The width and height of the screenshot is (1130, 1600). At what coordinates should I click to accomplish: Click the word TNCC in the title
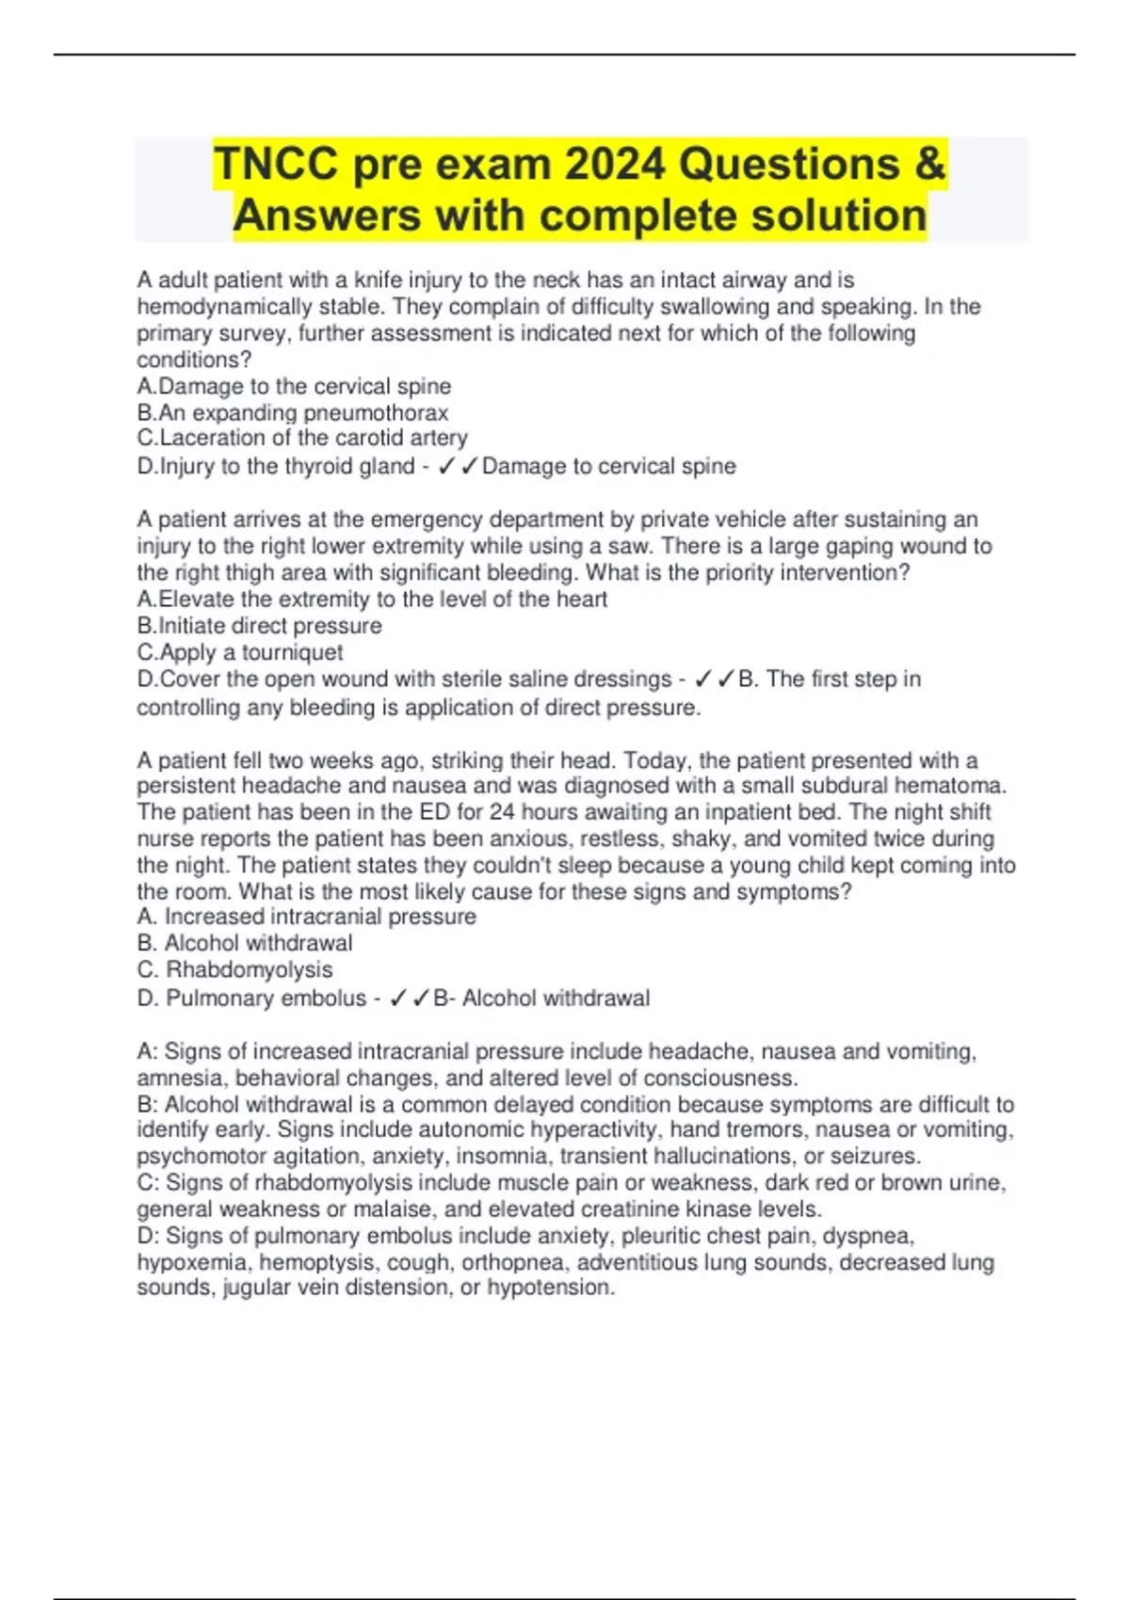point(276,165)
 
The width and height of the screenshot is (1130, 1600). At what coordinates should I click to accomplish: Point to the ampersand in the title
point(928,165)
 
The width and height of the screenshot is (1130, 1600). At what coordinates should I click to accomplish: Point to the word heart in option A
point(581,600)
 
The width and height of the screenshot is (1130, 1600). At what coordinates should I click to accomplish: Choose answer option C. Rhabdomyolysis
point(235,970)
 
